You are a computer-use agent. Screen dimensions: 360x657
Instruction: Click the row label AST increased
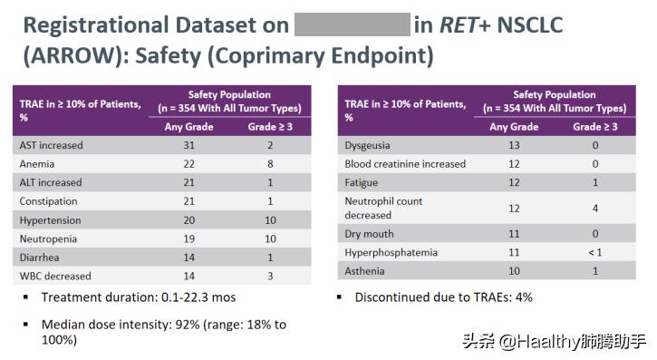point(51,145)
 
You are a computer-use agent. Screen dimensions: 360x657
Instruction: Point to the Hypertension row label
point(50,219)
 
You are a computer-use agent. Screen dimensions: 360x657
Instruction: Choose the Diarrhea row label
point(41,257)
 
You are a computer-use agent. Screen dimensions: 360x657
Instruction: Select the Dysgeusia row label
point(368,145)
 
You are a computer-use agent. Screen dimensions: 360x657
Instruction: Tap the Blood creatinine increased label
point(405,164)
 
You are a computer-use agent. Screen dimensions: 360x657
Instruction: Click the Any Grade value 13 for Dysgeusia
point(514,145)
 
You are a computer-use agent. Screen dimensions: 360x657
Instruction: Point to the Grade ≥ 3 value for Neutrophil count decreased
point(594,208)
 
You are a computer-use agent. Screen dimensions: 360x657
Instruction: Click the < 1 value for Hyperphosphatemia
point(594,252)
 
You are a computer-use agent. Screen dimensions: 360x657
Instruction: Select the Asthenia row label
point(365,270)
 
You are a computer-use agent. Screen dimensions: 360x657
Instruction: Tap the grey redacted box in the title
point(352,24)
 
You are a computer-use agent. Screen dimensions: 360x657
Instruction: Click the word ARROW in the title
point(70,55)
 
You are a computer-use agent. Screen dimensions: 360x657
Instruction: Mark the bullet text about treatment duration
point(126,297)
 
